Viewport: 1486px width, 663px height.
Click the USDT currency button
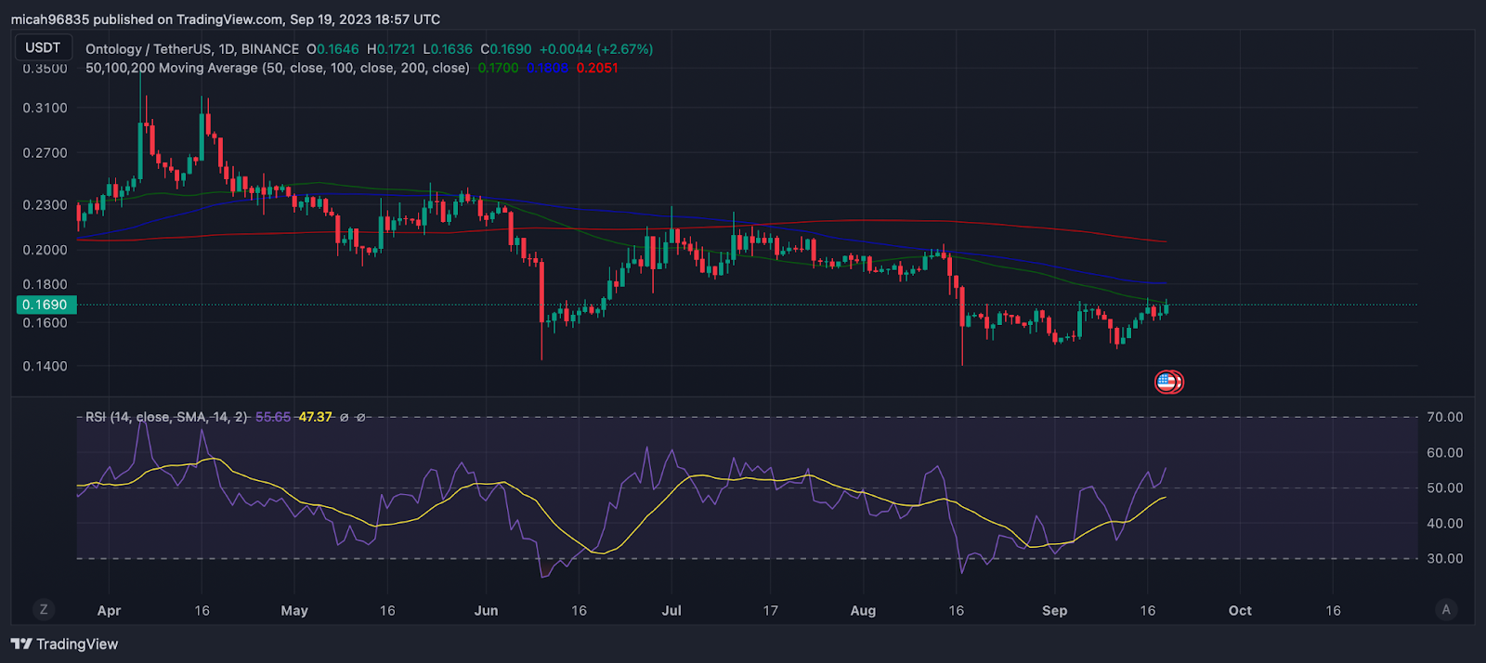click(x=43, y=47)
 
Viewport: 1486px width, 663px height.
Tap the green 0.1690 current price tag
click(x=45, y=305)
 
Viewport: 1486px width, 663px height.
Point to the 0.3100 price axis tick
click(x=45, y=108)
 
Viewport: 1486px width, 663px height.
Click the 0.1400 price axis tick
click(x=45, y=366)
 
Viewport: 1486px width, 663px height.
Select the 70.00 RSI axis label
click(x=1444, y=417)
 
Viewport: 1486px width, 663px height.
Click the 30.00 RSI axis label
click(x=1444, y=558)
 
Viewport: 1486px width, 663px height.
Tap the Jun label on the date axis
click(x=486, y=610)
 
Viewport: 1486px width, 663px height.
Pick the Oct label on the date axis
click(x=1240, y=610)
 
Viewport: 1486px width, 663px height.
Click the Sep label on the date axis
click(x=1054, y=610)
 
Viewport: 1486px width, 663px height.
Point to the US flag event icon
click(x=1167, y=382)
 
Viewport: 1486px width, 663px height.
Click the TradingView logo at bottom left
click(x=65, y=643)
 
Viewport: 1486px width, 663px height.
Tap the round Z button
click(x=43, y=609)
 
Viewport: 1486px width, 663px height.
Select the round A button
click(x=1445, y=609)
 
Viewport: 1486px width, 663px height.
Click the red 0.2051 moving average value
click(x=596, y=68)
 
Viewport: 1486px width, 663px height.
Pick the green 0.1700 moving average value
click(x=498, y=68)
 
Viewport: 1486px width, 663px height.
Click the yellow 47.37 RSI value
click(x=315, y=417)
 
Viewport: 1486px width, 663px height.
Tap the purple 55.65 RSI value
click(x=273, y=417)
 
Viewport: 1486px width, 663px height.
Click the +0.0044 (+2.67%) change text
click(x=595, y=48)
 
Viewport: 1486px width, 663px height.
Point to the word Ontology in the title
click(x=113, y=48)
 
